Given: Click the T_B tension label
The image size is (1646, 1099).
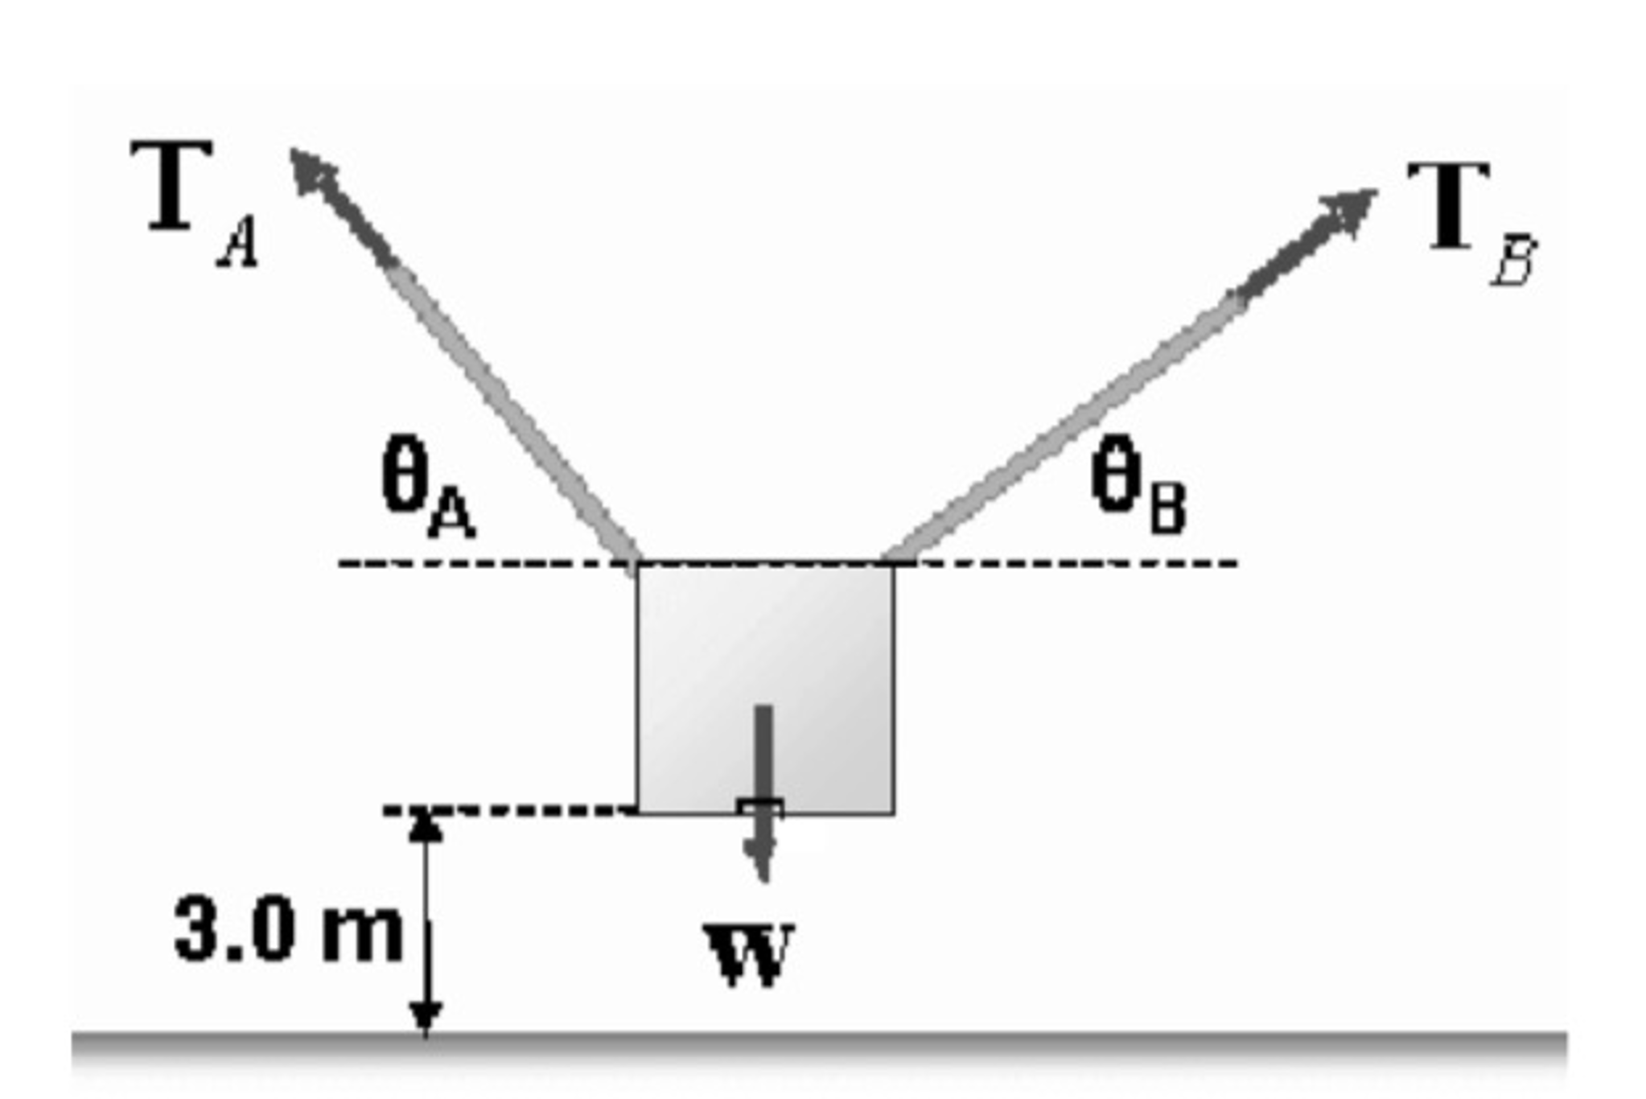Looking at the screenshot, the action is point(1469,217).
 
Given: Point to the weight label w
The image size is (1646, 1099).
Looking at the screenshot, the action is point(748,953).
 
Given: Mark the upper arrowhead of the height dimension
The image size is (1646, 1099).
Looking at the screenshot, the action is point(425,825).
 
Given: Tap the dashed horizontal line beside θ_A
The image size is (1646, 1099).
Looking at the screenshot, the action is point(483,563).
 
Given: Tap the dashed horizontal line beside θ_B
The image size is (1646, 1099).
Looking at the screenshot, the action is point(1070,563).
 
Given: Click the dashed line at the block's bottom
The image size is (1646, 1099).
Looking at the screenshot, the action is point(515,809).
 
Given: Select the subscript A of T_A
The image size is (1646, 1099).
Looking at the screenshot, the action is point(239,245).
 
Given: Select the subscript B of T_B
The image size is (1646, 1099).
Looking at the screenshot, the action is point(1513,261).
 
